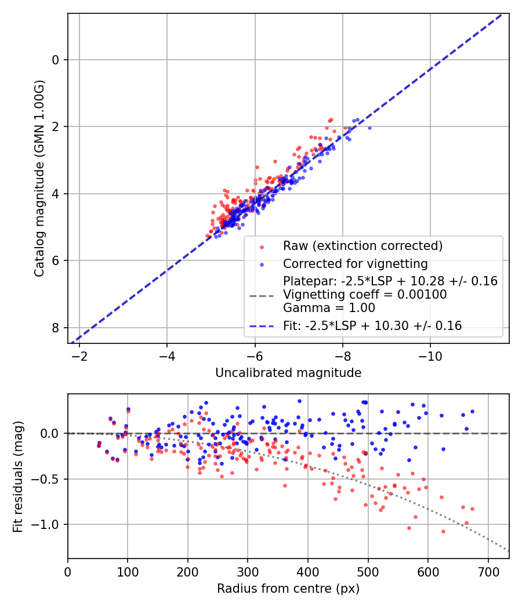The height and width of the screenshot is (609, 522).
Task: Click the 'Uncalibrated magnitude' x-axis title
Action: [x=288, y=373]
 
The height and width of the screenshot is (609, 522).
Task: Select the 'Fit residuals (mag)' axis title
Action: [x=18, y=476]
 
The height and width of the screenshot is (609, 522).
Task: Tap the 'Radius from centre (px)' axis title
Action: [x=288, y=589]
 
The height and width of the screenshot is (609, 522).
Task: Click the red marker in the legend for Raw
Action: [x=262, y=246]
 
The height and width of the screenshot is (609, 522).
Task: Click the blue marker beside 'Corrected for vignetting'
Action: [x=262, y=264]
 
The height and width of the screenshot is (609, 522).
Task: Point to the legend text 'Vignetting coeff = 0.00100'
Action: [x=365, y=295]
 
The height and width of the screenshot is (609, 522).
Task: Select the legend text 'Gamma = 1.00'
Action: [x=329, y=308]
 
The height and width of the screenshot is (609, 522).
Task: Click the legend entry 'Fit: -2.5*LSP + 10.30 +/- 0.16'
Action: [x=372, y=326]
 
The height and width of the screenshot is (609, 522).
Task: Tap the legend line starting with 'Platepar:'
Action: [x=390, y=281]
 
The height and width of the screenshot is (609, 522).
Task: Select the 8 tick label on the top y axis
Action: [x=56, y=328]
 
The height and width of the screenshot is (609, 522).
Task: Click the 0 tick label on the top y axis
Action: [x=56, y=60]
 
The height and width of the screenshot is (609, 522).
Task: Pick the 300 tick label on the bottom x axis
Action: [x=248, y=571]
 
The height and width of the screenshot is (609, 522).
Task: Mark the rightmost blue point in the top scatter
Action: [x=369, y=128]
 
